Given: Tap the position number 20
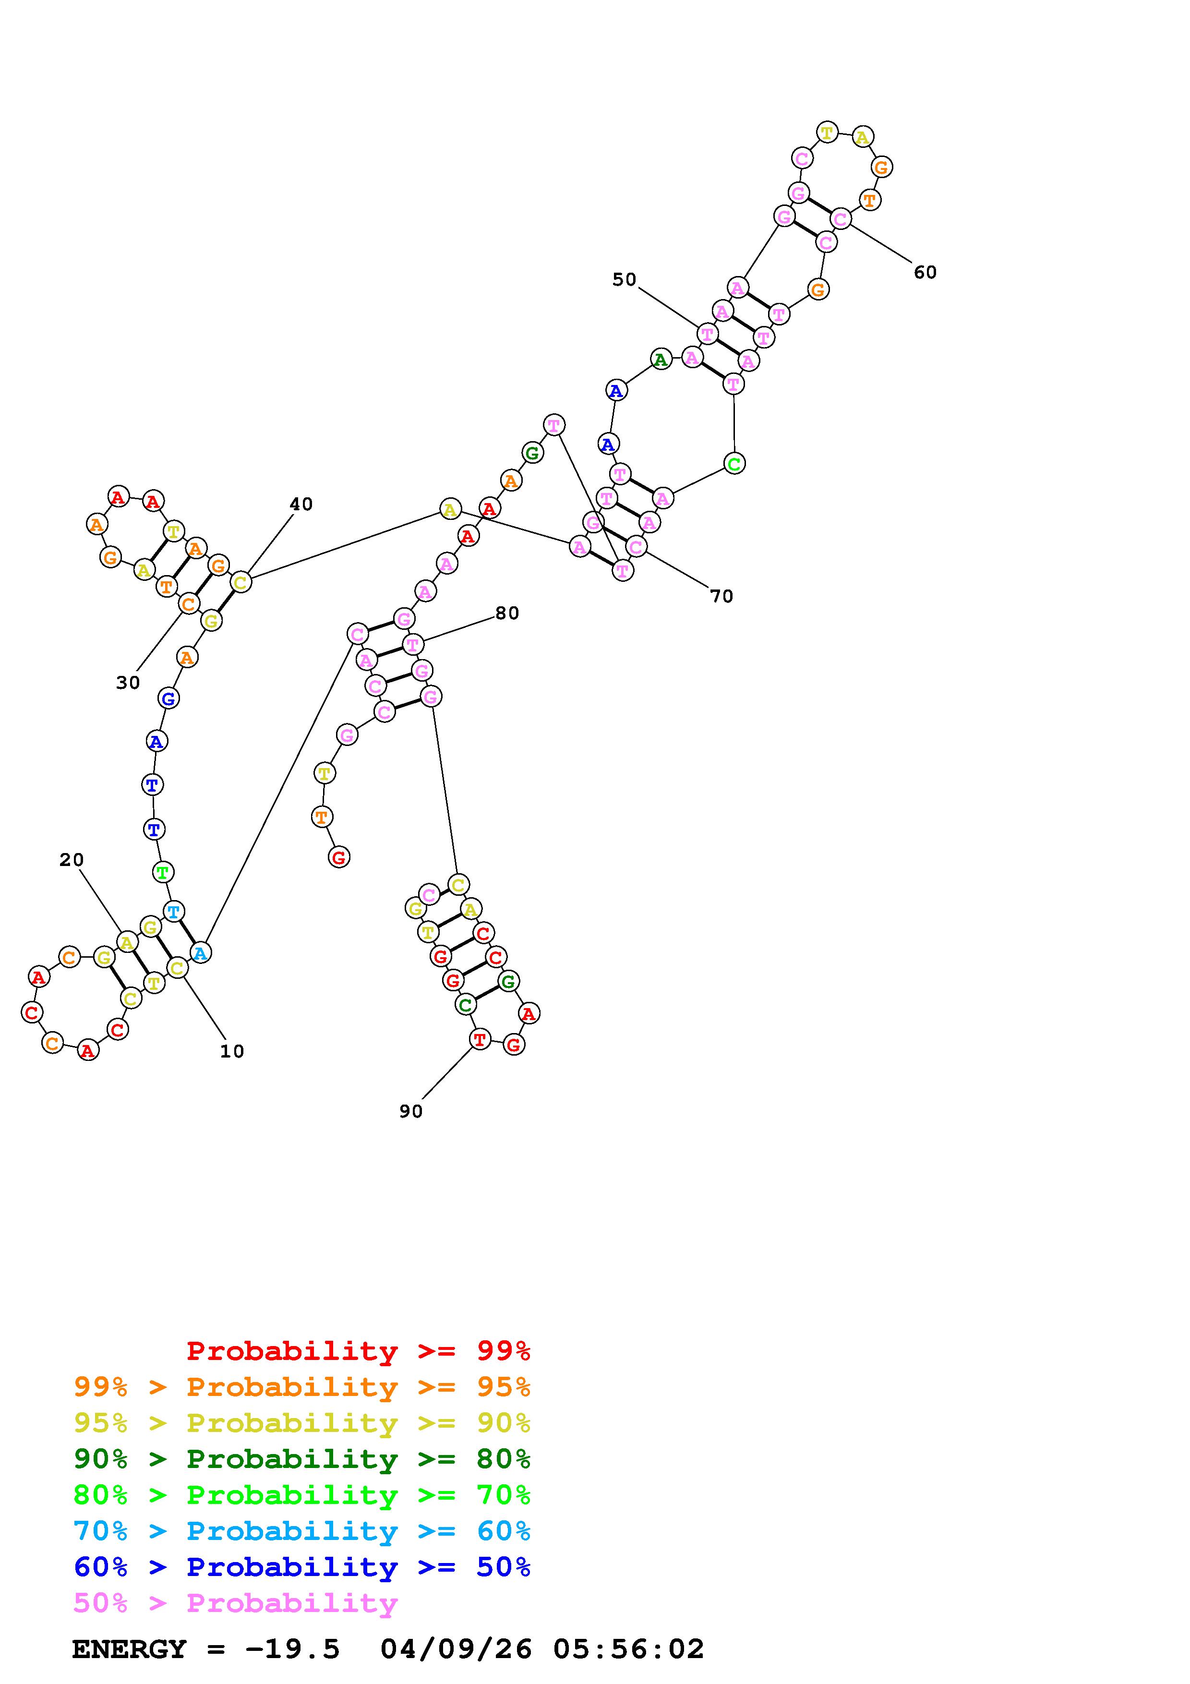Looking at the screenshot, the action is tap(72, 860).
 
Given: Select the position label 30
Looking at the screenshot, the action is tap(128, 683).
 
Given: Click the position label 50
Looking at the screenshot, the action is tap(624, 279).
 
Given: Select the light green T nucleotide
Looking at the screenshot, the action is tap(163, 872).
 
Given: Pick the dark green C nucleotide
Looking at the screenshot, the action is tap(465, 1004).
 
